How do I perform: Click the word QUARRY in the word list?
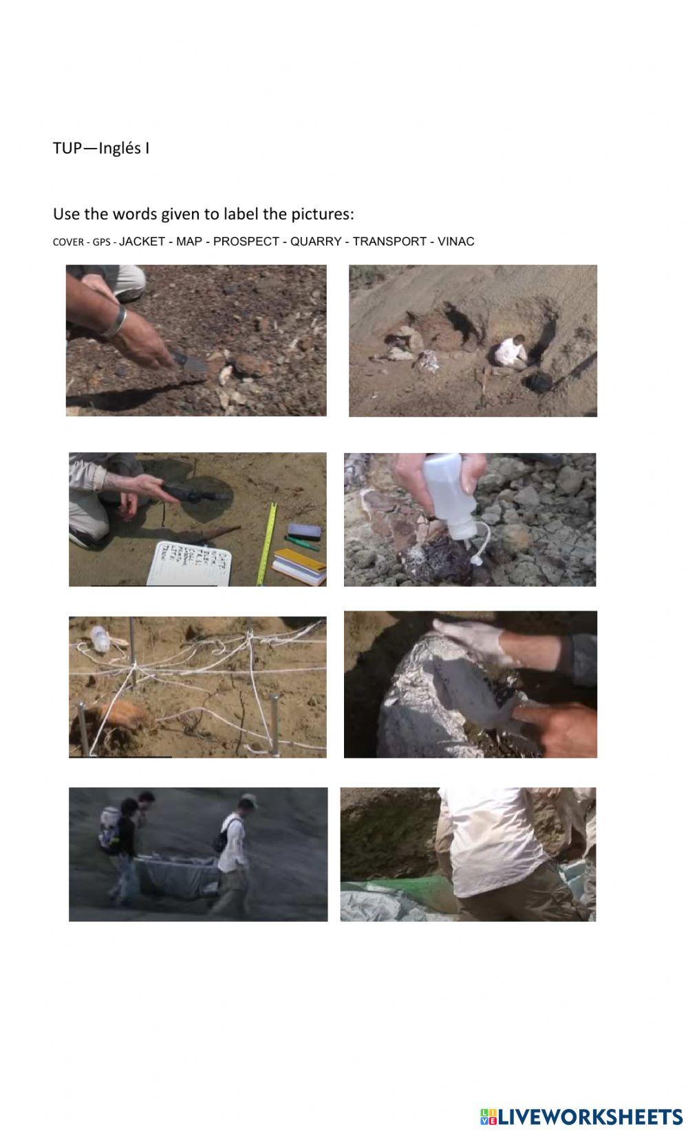pyautogui.click(x=316, y=242)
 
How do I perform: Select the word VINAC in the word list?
pyautogui.click(x=455, y=242)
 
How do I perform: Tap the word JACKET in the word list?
pyautogui.click(x=142, y=242)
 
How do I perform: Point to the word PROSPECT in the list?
pyautogui.click(x=246, y=242)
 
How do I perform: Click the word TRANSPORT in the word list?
pyautogui.click(x=389, y=242)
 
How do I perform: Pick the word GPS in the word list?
pyautogui.click(x=101, y=242)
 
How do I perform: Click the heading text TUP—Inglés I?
pyautogui.click(x=101, y=148)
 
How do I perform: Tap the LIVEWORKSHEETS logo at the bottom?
pyautogui.click(x=581, y=1116)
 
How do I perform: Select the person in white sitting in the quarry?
pyautogui.click(x=510, y=352)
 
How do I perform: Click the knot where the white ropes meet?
pyautogui.click(x=133, y=668)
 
